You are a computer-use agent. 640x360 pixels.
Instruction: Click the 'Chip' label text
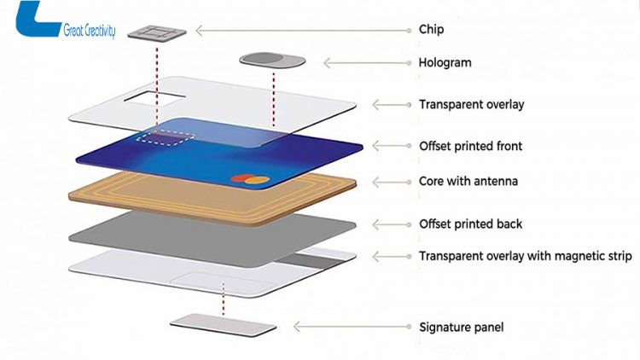(431, 30)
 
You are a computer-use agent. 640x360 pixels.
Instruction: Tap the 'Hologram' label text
(445, 63)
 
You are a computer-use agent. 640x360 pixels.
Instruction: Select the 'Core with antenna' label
(468, 182)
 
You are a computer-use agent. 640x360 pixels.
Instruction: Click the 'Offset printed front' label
(470, 146)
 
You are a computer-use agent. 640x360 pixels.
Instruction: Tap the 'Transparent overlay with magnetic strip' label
(525, 256)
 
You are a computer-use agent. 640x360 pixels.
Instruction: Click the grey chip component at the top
(158, 32)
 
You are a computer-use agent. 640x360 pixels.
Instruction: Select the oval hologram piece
(272, 61)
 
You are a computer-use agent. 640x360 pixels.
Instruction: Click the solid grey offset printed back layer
(213, 226)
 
